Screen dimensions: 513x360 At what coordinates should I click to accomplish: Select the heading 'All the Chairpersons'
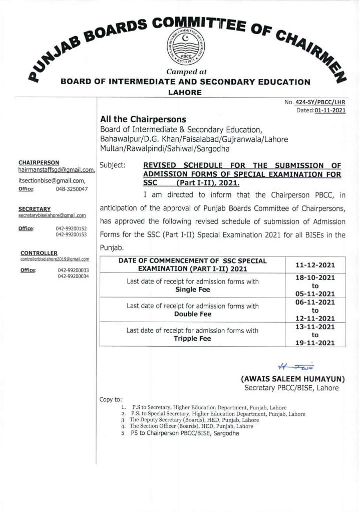click(x=143, y=120)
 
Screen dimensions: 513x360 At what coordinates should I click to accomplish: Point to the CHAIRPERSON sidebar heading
click(x=39, y=163)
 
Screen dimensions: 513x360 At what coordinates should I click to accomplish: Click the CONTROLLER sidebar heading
click(x=39, y=253)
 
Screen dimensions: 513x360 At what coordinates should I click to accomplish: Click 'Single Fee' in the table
click(x=192, y=290)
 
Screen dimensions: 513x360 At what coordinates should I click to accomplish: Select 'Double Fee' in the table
click(x=192, y=314)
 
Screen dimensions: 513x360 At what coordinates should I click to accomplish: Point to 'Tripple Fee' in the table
click(x=192, y=338)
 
